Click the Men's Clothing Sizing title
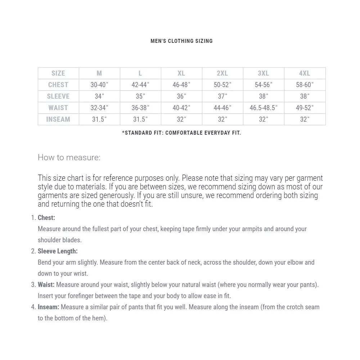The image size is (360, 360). (181, 41)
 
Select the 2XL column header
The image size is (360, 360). (222, 73)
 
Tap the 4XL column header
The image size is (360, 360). (305, 73)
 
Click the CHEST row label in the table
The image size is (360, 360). (58, 85)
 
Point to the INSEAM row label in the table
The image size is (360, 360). (58, 119)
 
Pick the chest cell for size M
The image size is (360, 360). (99, 85)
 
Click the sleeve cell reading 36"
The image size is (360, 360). (181, 96)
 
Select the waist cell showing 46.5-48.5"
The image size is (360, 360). (264, 108)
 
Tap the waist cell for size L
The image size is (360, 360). (140, 108)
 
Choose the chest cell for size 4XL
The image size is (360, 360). (305, 85)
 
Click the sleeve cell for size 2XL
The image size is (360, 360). (222, 96)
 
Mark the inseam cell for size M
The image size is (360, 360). (99, 119)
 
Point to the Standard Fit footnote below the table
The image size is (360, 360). (181, 133)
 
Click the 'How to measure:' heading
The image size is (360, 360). (69, 157)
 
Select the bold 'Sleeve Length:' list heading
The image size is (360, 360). (58, 251)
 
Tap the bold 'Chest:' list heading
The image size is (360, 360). (46, 218)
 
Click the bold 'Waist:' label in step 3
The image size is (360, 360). (46, 285)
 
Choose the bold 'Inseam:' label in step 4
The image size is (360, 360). (49, 307)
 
